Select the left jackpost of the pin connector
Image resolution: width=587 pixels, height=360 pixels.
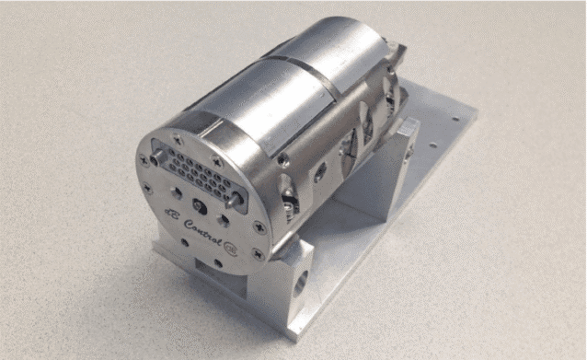(x=155, y=157)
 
